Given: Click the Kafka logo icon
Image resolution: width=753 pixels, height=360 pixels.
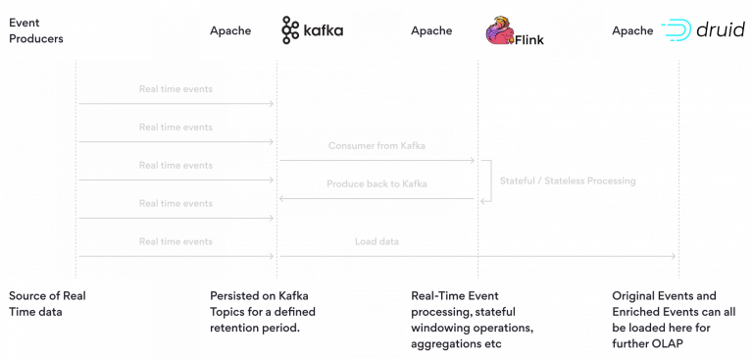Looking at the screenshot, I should (289, 30).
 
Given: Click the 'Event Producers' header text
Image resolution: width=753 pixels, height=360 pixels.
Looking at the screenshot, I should (35, 30).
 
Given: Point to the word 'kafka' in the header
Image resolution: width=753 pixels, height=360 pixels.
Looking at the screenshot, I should (323, 30).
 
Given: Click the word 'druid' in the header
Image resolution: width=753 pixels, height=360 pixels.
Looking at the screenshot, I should (720, 30).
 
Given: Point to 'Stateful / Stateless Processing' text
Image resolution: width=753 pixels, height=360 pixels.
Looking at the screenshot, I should (568, 181).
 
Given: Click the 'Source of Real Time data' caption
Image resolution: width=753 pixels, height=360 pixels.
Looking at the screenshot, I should (49, 303).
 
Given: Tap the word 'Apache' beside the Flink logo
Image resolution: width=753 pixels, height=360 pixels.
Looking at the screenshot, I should (431, 30).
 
